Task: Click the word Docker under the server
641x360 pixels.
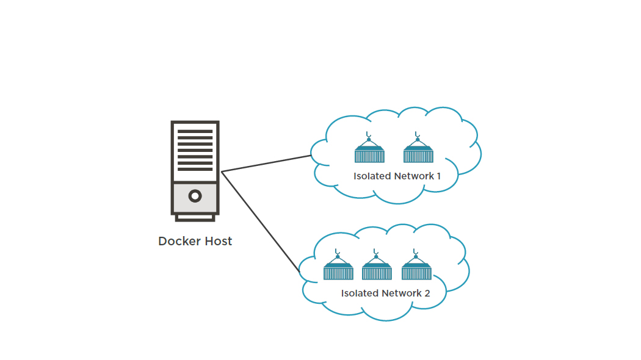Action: coord(177,241)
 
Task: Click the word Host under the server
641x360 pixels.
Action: coord(217,241)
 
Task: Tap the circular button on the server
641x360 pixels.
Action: coord(195,196)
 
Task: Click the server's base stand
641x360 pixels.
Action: coord(195,217)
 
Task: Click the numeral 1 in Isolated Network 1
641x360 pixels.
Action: coord(438,176)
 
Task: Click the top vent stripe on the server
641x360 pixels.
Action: coord(195,131)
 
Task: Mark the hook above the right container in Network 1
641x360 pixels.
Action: coord(417,134)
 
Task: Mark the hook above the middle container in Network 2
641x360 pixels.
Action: coord(376,251)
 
